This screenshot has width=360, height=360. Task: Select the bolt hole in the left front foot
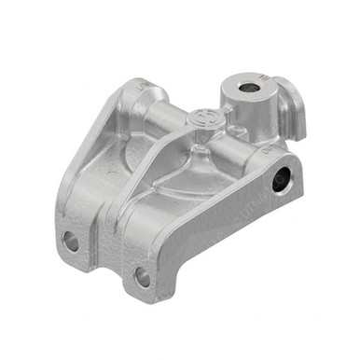71,242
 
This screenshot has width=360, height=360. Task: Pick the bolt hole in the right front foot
142,276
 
